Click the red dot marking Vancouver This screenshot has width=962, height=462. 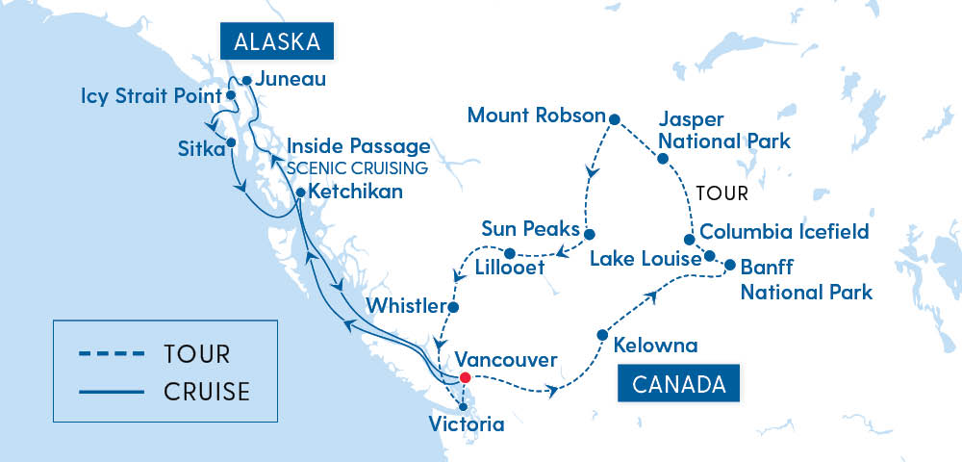(x=465, y=377)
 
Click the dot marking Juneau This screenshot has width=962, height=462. (x=247, y=81)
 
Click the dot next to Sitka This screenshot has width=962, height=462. (x=231, y=143)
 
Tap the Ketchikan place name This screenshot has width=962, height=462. (x=356, y=192)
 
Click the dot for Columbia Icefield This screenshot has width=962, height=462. (x=689, y=240)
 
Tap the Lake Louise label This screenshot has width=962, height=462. (x=638, y=258)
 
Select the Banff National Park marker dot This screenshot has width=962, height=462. (x=729, y=265)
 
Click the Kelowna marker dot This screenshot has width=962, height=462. (x=603, y=335)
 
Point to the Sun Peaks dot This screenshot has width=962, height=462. (x=590, y=233)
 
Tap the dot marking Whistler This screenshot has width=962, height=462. (x=454, y=308)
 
